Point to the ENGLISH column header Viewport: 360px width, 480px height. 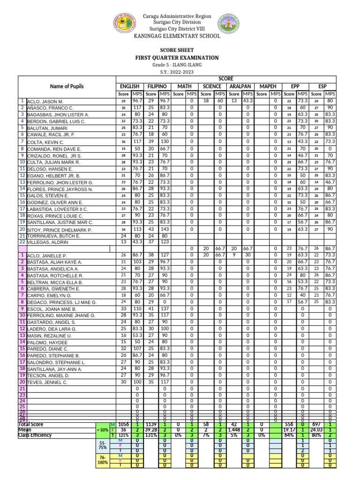pos(129,86)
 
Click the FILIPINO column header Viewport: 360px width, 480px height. pos(157,86)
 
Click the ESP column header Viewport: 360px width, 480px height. pos(322,86)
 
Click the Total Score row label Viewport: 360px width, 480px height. pos(31,424)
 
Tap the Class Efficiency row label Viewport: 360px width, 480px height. pos(35,435)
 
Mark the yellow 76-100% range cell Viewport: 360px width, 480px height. pos(103,460)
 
